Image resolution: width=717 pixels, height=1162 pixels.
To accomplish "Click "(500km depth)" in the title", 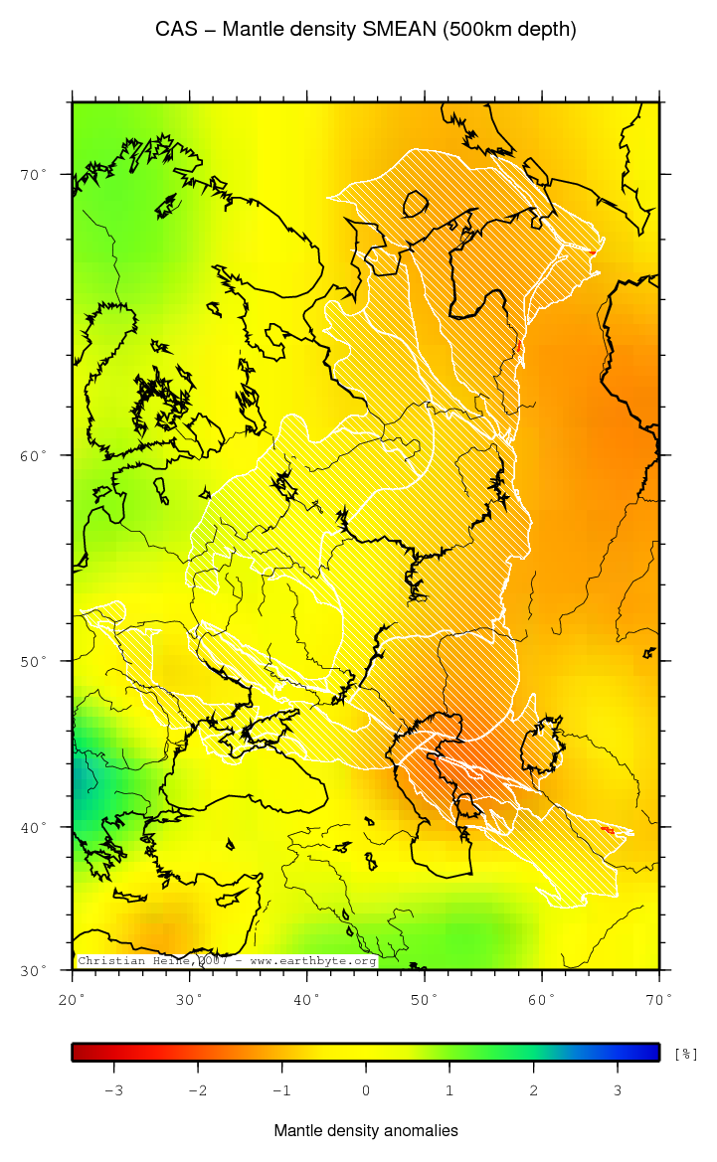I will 510,30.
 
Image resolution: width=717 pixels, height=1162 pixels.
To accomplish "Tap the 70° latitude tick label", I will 34,175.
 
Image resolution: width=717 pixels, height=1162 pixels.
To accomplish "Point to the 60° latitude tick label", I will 34,456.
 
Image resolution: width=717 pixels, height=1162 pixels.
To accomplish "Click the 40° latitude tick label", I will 34,828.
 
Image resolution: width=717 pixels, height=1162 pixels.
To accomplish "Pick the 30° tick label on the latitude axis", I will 34,971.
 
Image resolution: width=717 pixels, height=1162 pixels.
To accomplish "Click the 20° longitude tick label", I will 74,998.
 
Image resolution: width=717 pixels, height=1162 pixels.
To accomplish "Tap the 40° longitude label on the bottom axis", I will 307,998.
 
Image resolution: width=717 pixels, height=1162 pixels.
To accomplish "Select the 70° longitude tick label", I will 659,998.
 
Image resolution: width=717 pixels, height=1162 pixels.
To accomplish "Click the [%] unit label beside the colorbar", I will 685,1053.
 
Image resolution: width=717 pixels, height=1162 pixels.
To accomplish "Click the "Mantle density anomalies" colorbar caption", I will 366,1131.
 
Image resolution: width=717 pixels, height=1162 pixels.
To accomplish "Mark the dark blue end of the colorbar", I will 650,1053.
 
